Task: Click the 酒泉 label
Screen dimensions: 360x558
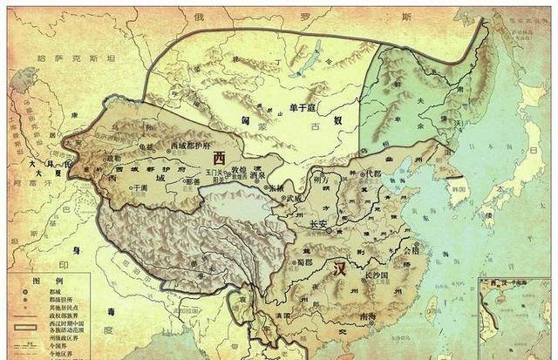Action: point(257,174)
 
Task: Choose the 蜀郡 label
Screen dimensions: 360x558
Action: point(303,261)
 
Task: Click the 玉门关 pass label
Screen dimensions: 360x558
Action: point(213,174)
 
